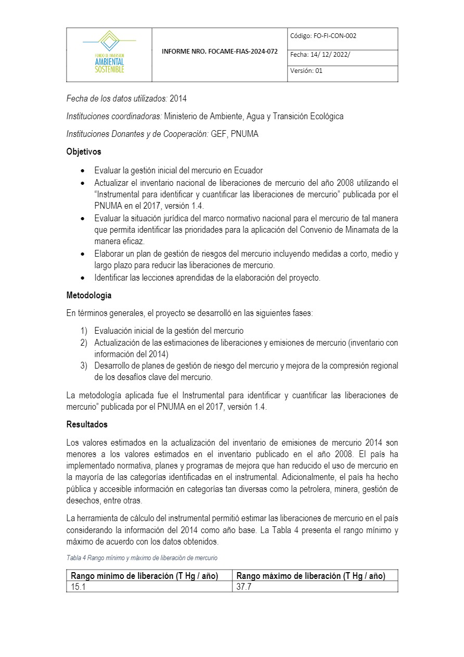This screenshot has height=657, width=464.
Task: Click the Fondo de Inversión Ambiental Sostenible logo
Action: (109, 52)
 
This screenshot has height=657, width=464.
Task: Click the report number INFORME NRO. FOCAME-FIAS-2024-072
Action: (220, 52)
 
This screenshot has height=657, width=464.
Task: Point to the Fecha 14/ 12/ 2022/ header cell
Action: (320, 54)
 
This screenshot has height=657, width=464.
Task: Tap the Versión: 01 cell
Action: (306, 71)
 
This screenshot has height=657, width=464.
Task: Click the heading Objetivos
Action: (84, 151)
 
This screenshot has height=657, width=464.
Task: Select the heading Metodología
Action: (89, 295)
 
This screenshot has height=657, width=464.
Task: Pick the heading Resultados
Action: (87, 424)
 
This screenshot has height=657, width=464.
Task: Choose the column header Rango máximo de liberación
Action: (311, 576)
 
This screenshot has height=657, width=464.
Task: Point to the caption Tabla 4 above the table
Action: (141, 558)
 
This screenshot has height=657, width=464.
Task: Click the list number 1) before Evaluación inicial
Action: (84, 331)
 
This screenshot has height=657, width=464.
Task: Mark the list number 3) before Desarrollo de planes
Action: (84, 365)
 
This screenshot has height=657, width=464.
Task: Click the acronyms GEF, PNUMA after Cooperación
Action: (235, 134)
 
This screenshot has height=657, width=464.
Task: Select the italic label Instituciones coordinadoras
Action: (114, 116)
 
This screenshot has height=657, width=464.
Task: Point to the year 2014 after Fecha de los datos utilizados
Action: (178, 98)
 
